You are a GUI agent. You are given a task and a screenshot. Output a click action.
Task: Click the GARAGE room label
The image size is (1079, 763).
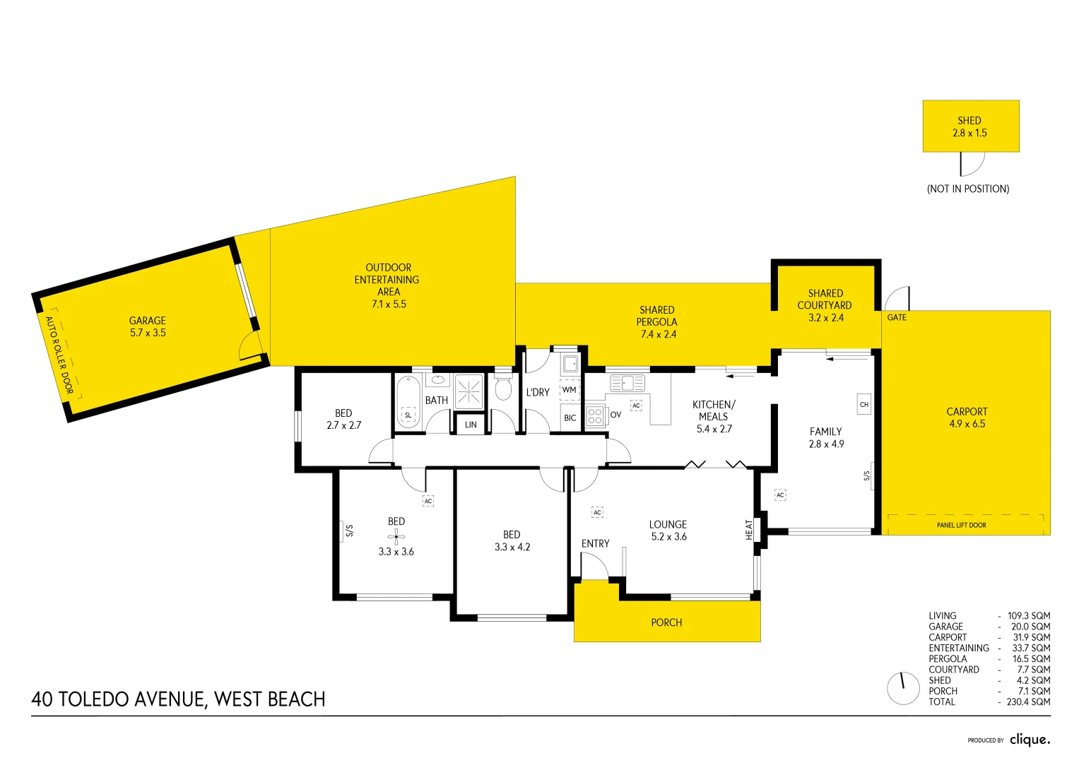point(148,321)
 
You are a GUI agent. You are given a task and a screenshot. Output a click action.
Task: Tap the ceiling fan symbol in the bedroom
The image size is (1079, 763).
point(396,537)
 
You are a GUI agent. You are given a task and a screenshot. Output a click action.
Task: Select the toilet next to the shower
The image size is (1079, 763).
point(503,389)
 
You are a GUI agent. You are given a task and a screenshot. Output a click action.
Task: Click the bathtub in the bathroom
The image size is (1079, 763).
point(408,403)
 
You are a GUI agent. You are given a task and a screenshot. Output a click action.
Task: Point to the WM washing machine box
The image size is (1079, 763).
point(569,390)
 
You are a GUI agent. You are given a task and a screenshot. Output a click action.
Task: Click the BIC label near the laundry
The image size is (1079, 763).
point(570,418)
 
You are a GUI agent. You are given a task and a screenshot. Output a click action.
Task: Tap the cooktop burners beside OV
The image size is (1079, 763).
point(595,416)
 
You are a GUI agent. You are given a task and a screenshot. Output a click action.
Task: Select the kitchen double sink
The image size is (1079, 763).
point(627,383)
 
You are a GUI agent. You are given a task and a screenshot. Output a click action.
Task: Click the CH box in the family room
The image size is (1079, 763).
point(863,405)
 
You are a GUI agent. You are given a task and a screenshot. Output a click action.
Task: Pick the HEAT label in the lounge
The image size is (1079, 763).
point(749,530)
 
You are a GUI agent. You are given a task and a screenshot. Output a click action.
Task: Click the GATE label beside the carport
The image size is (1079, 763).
point(897,317)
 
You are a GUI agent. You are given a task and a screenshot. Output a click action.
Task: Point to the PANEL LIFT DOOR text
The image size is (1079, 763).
point(961,525)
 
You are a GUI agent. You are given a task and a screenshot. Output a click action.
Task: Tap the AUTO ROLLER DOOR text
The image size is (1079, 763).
point(59,355)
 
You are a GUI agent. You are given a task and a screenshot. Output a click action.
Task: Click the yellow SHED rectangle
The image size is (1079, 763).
point(970,126)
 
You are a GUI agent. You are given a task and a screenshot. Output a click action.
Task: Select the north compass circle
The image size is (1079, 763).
point(903,688)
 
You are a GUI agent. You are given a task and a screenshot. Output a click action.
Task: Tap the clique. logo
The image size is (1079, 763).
point(1030,739)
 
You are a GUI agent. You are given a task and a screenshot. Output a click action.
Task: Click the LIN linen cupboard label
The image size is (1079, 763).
point(471,425)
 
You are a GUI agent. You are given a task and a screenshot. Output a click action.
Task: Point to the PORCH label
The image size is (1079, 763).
point(666,622)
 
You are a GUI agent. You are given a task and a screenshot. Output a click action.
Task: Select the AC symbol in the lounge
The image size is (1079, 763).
point(597,512)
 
